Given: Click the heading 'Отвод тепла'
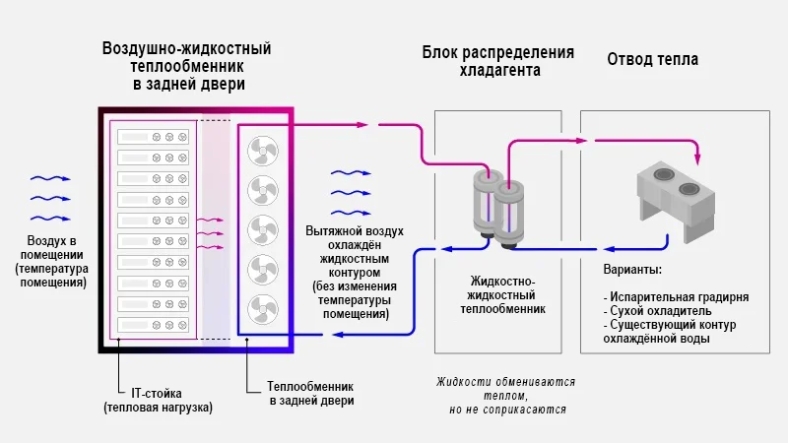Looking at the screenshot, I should (x=652, y=59).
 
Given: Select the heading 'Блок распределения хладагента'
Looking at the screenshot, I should (x=498, y=61).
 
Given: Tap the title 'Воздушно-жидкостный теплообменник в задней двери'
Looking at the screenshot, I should (x=187, y=66).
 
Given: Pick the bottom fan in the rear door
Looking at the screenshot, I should (x=263, y=307).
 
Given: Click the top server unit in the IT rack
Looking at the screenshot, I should (x=153, y=137).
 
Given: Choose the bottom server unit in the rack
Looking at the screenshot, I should (x=153, y=324).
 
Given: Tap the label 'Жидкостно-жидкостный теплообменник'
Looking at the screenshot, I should (x=502, y=294).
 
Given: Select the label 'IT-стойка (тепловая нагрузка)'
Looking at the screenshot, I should (x=158, y=400).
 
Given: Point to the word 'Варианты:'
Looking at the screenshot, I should (x=631, y=269).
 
